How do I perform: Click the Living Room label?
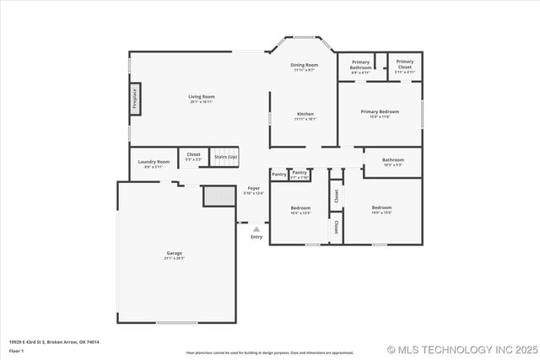click(201, 97)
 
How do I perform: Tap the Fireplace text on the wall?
click(134, 99)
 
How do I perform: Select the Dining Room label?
click(304, 65)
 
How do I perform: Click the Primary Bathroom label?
click(360, 64)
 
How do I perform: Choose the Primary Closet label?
click(405, 64)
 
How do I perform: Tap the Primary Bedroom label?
click(380, 111)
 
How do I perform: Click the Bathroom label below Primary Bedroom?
click(392, 159)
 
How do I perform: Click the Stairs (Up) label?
click(225, 156)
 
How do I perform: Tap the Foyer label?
click(253, 188)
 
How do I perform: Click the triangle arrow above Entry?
click(256, 228)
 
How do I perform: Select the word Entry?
click(256, 237)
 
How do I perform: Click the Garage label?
click(174, 253)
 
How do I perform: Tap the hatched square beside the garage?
click(219, 196)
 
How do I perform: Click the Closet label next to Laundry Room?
click(193, 154)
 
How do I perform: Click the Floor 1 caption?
click(17, 349)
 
